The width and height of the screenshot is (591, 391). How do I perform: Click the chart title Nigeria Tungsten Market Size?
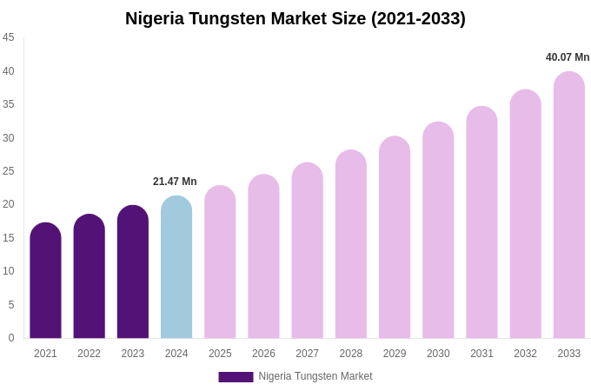(295, 18)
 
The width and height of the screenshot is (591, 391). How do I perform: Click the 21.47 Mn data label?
(175, 182)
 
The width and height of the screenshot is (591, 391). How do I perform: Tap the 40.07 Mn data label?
(568, 57)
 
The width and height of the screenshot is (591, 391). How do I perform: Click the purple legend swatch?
(236, 377)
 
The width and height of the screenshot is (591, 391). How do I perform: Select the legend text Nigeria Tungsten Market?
(315, 376)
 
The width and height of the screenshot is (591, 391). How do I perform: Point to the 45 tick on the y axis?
(9, 37)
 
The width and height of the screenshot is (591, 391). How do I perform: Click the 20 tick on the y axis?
(9, 204)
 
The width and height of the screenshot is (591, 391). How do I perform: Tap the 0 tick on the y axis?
(11, 338)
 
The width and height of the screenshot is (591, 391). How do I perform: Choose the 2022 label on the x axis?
(89, 354)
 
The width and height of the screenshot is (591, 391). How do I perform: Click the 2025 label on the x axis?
(220, 354)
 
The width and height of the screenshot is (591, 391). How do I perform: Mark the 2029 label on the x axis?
(395, 354)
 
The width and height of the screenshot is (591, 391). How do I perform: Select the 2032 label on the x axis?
(525, 354)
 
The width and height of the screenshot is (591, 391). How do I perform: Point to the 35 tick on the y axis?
(9, 104)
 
